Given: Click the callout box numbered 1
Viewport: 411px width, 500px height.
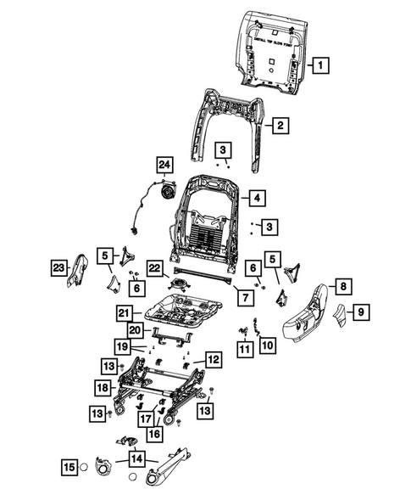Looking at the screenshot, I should coord(320,64).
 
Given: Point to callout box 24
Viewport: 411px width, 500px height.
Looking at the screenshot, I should coord(164,165).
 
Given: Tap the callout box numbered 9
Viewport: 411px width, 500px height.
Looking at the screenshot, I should coord(360,314).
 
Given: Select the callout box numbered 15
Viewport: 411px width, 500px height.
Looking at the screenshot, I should coord(69,465).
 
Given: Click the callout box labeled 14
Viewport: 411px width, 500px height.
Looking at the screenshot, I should coord(136,459).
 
